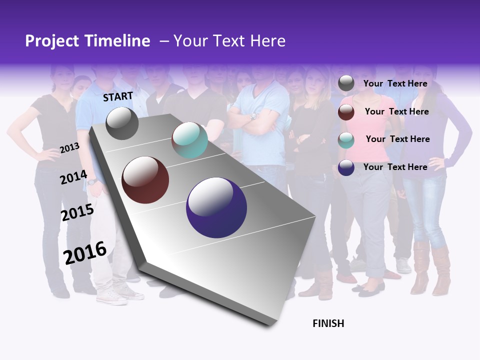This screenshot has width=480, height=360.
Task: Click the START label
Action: coord(118,96)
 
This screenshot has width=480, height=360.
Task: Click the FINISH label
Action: coord(328,323)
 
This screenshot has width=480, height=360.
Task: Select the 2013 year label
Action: coord(69,148)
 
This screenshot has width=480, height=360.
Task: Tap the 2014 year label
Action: coord(73,177)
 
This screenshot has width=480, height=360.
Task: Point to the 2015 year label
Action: coord(77,212)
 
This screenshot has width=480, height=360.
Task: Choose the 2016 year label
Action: coord(85,252)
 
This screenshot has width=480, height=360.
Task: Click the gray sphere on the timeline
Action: coord(122,123)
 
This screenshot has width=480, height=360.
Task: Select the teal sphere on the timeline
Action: coord(189,140)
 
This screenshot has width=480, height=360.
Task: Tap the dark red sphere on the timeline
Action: coord(145,180)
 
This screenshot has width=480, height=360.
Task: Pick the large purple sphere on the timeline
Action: coord(216,207)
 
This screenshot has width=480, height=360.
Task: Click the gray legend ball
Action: coord(346,83)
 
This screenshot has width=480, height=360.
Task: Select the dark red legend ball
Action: coord(346,112)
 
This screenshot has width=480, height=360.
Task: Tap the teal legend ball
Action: coord(346,140)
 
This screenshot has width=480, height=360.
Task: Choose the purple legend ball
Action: coord(346,167)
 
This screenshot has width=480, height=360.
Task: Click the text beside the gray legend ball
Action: coord(395,83)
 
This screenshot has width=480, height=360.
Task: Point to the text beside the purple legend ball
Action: coord(395,167)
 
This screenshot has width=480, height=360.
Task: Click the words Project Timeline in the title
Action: coord(87,41)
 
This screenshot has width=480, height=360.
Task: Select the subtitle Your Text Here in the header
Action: coord(229,41)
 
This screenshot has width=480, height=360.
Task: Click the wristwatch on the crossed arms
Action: coord(253,116)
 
